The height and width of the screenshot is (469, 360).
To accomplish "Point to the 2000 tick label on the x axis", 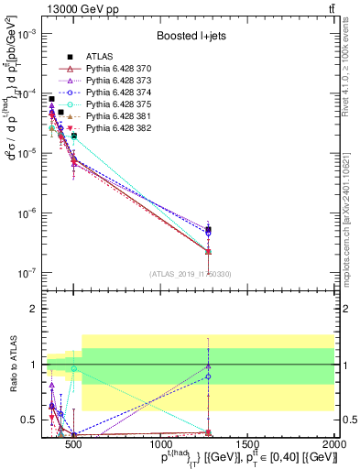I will click(x=334, y=444).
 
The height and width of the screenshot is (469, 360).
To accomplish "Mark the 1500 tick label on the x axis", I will click(x=247, y=444).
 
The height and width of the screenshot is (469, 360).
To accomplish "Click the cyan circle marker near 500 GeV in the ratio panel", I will click(x=73, y=368).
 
